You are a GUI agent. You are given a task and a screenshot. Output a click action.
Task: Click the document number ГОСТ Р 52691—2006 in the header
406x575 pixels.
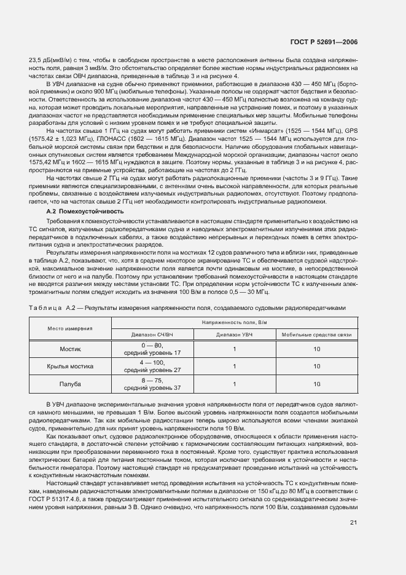tap(324, 42)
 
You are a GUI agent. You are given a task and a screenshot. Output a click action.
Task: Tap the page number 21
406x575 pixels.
tap(353, 523)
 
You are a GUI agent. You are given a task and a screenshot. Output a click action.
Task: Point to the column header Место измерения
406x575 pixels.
tap(70, 328)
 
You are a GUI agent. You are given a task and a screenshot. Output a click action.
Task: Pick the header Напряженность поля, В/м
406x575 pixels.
tap(233, 322)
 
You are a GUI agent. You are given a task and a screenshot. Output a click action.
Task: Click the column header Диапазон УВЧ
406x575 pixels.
tap(233, 335)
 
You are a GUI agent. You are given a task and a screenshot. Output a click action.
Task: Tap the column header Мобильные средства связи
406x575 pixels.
tap(316, 335)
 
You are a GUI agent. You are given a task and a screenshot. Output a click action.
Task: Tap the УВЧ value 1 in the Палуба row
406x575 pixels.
tap(233, 384)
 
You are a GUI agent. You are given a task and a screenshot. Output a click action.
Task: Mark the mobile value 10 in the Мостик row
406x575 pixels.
tap(316, 349)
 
